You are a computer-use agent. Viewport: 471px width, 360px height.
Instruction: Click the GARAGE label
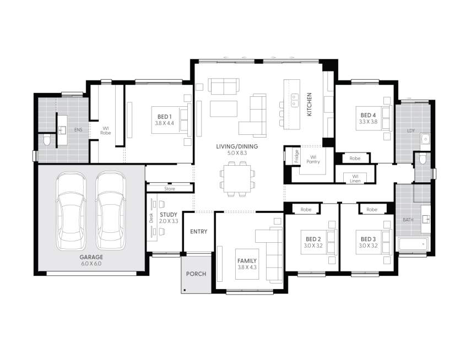click(90, 257)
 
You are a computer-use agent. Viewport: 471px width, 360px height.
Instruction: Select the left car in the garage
click(71, 210)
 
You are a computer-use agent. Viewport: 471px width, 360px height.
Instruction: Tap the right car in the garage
click(110, 210)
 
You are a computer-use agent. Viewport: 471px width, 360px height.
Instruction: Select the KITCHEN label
click(310, 104)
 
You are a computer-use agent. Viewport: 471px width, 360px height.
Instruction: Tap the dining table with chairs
click(238, 180)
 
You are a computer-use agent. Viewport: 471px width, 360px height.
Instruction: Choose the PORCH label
click(196, 274)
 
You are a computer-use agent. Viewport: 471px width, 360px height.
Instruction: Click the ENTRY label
click(198, 232)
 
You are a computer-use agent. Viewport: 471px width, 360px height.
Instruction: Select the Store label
click(169, 188)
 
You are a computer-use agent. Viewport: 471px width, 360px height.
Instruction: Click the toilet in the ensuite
click(47, 141)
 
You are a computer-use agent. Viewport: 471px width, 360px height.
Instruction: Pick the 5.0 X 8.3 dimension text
click(237, 152)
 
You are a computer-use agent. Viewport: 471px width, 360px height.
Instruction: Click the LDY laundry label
click(410, 130)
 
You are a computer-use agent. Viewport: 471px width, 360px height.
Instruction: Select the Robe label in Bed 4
click(355, 159)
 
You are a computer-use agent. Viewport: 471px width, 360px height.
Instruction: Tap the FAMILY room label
click(246, 260)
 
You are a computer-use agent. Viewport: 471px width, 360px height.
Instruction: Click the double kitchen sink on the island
click(295, 99)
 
